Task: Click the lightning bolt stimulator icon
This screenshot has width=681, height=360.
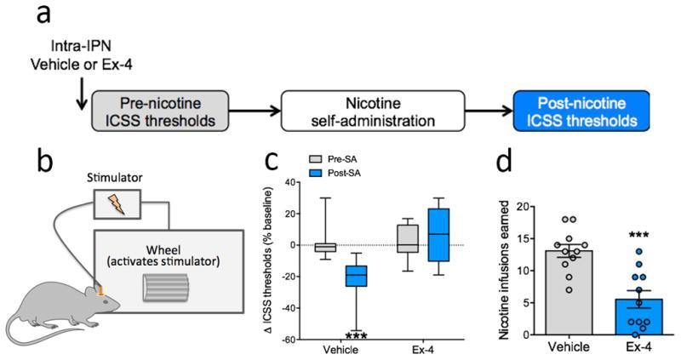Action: (115, 204)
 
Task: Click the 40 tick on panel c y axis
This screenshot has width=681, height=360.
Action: (289, 182)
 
